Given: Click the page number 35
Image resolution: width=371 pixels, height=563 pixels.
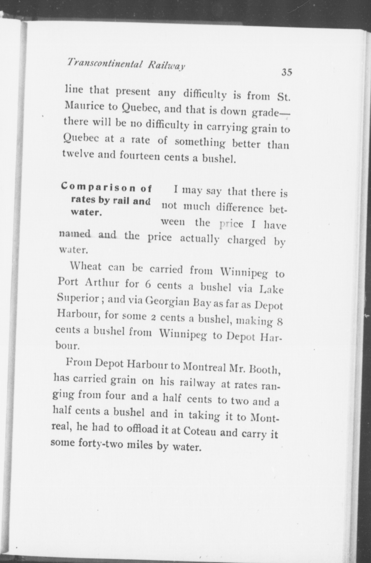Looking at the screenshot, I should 287,72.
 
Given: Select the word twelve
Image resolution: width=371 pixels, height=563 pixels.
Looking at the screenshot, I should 78,154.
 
